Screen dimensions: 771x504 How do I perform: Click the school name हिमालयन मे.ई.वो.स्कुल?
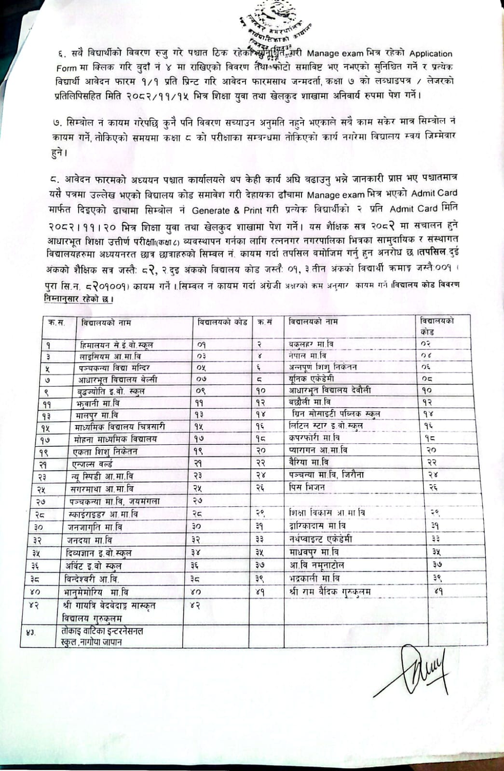tap(117, 345)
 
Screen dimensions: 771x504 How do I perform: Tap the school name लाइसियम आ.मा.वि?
tap(110, 356)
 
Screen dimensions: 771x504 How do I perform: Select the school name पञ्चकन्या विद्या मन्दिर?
tap(114, 368)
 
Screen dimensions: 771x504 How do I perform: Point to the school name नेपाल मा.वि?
tap(305, 355)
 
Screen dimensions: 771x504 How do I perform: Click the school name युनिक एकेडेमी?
tap(312, 378)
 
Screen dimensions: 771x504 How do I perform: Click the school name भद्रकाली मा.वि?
tap(314, 577)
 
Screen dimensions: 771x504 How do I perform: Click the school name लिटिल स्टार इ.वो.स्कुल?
tap(326, 425)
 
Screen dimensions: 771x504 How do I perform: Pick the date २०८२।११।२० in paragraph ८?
tap(78, 225)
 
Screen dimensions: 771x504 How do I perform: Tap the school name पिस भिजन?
tap(307, 487)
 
